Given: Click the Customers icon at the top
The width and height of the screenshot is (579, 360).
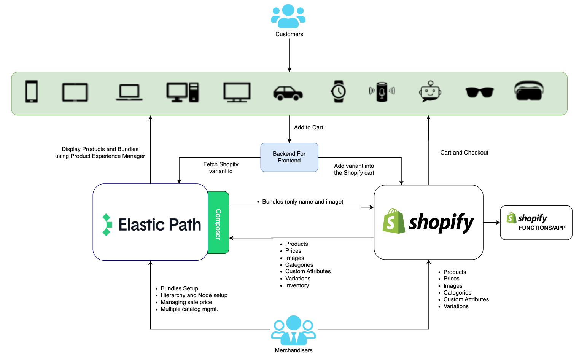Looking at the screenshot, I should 288,16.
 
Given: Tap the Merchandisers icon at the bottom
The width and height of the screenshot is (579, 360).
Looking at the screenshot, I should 293,330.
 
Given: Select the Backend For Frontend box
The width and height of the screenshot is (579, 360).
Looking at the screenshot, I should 289,157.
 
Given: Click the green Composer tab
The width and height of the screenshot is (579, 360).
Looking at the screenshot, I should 218,223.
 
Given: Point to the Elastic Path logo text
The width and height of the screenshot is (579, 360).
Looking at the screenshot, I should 159,225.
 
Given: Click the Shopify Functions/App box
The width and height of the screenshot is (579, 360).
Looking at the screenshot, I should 536,223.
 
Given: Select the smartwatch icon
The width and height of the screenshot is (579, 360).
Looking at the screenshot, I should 338,91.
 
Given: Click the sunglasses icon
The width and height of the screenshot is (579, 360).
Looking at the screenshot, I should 479,92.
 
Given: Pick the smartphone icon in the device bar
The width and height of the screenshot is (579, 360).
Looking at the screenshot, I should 32,91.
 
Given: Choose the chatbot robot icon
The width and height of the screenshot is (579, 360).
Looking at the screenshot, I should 430,91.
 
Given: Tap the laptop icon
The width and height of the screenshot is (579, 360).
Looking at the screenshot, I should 129,92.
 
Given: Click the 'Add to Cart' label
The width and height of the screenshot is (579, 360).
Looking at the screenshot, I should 308,127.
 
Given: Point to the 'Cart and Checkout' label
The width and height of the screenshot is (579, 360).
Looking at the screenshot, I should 464,153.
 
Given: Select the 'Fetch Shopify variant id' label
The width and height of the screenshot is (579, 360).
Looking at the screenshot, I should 221,168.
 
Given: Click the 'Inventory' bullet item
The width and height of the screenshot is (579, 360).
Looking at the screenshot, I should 297,285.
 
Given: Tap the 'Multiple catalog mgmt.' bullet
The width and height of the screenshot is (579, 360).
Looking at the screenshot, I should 189,309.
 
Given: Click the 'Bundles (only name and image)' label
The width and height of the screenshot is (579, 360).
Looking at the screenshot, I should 302,202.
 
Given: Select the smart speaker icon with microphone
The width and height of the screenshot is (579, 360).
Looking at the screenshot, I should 382,92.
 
